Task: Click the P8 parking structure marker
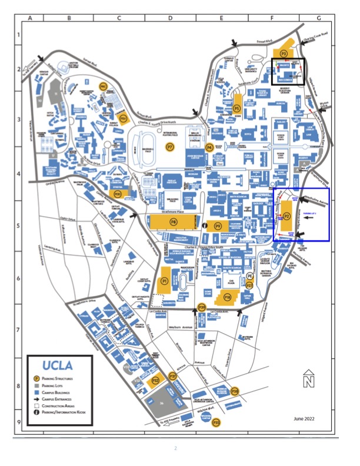point(173,222)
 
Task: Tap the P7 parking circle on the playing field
point(170,145)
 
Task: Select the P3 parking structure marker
point(284,53)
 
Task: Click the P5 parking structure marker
point(236,108)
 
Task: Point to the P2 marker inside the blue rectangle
point(287,216)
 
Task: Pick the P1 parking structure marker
point(165,282)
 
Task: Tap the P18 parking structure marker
point(226,298)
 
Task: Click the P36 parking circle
point(235,391)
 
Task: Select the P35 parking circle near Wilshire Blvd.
point(216,422)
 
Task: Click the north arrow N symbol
point(308,380)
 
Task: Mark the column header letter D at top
point(170,18)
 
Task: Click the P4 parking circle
point(209,148)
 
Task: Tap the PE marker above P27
point(249,275)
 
